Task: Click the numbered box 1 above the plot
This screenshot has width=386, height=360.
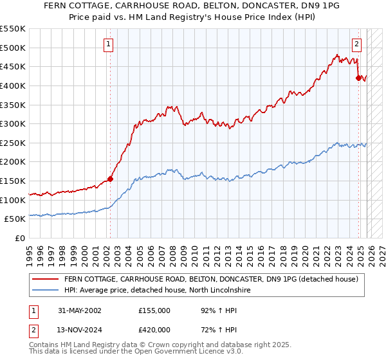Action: tap(108, 44)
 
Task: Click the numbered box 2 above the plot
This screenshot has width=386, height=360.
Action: tap(356, 44)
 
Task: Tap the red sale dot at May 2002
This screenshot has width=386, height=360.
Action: tap(110, 179)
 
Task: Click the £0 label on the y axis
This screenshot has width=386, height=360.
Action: tap(21, 238)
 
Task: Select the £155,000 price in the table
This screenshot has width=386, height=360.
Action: tap(154, 310)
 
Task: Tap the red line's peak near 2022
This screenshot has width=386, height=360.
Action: tap(336, 55)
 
